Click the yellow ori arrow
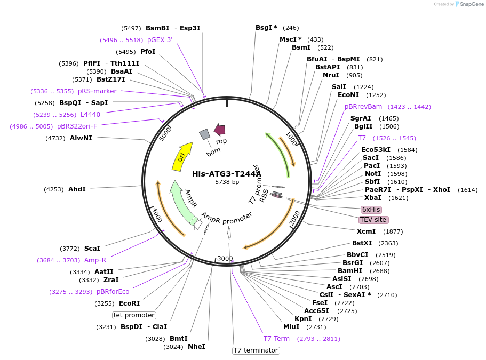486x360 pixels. click(x=182, y=157)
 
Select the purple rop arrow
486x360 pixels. click(x=220, y=129)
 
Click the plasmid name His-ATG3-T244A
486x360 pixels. click(x=227, y=174)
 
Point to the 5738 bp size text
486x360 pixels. click(x=227, y=182)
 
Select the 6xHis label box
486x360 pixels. click(x=371, y=210)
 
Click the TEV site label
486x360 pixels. click(x=373, y=220)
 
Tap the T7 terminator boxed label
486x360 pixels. click(x=256, y=350)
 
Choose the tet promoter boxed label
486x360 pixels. click(x=134, y=315)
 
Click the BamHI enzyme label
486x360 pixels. click(x=350, y=271)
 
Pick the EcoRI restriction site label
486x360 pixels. click(x=130, y=303)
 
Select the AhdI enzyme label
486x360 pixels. click(x=77, y=189)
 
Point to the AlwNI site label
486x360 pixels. click(x=81, y=138)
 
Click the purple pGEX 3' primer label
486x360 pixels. click(x=160, y=40)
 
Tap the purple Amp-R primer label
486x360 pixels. click(x=95, y=260)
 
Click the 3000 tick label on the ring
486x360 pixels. click(x=225, y=259)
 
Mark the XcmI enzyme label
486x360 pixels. click(x=367, y=231)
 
